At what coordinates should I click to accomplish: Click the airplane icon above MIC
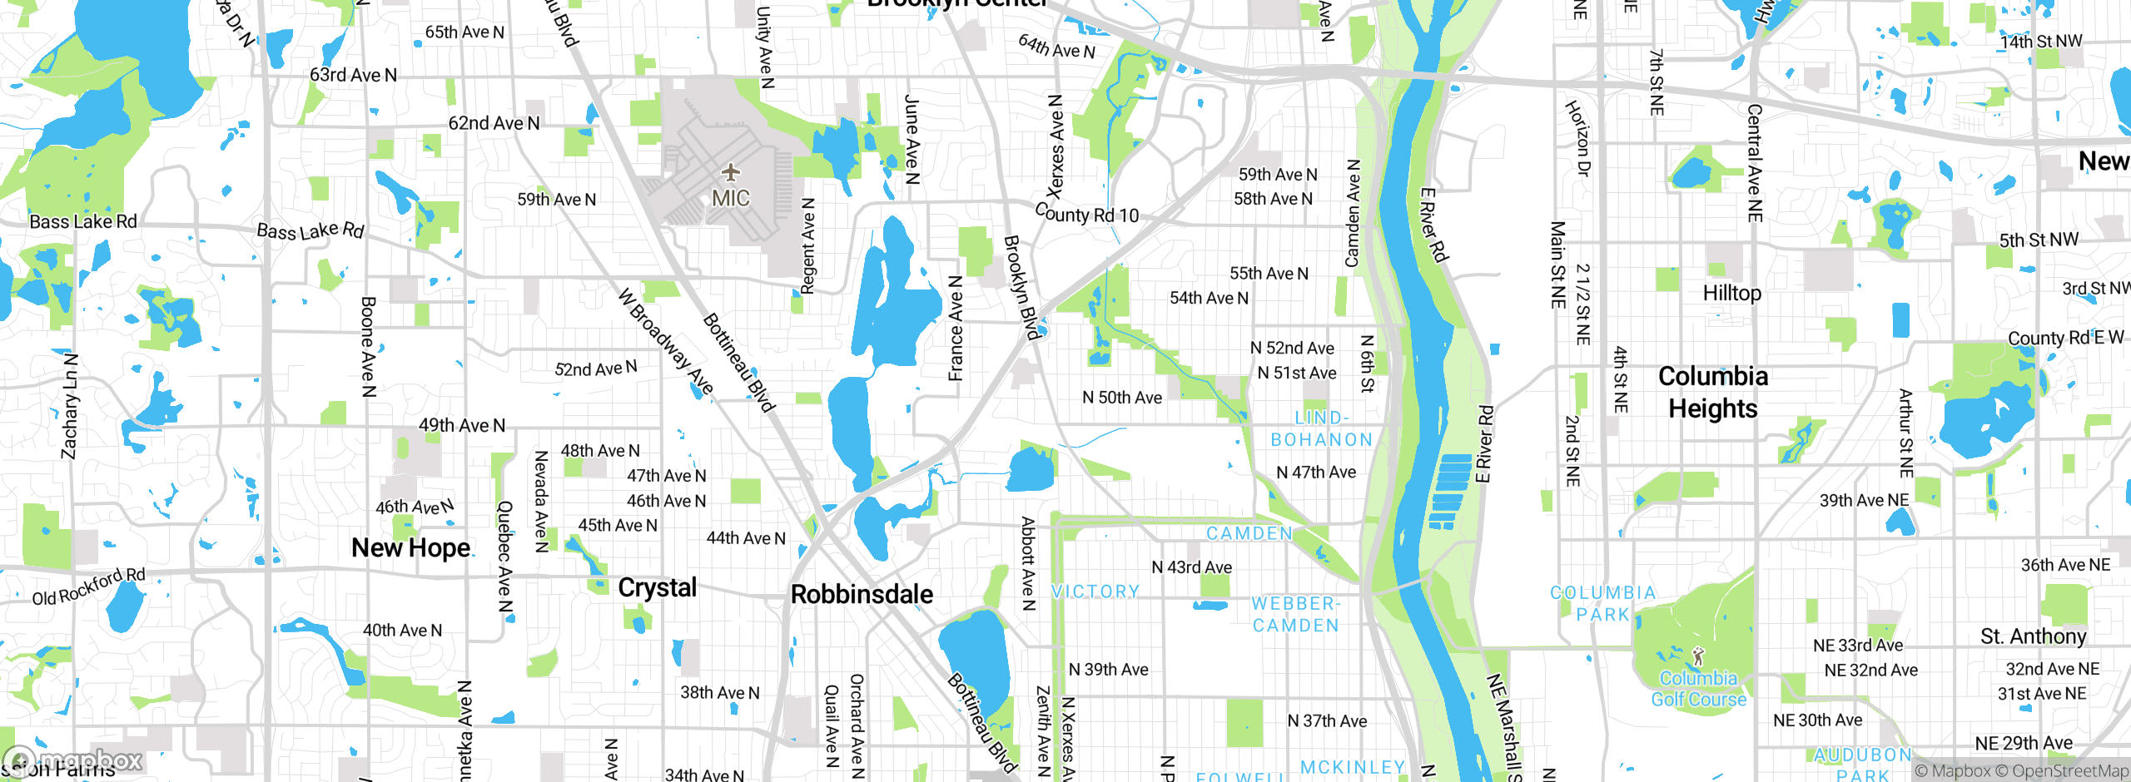point(731,172)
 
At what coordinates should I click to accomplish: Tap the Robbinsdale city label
point(862,595)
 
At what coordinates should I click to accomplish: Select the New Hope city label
point(411,548)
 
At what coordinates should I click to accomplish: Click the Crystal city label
point(657,588)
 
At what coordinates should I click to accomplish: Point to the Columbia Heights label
point(1713,393)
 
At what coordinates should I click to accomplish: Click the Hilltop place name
point(1731,294)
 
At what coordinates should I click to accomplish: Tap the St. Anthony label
point(2033,636)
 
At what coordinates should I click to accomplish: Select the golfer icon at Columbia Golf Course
point(1698,656)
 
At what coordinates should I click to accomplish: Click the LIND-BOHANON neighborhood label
point(1321,428)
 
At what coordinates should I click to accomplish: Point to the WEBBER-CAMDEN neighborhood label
point(1296,615)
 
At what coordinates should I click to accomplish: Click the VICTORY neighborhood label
point(1095,591)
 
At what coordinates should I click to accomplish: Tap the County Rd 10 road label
point(1086,214)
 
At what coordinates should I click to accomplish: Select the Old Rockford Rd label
point(88,587)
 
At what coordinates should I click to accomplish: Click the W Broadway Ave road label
point(666,341)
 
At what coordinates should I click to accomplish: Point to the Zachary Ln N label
point(70,406)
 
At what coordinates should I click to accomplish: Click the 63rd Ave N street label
point(353,75)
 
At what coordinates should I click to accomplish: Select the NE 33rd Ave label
point(1858,646)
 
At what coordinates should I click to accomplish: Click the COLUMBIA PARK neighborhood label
point(1602,604)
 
